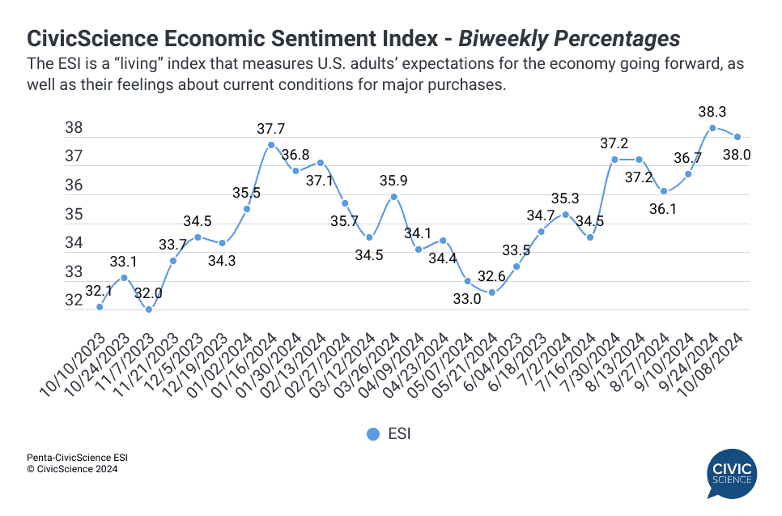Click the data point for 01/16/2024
[x=271, y=145]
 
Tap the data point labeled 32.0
[x=148, y=309]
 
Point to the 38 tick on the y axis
[x=74, y=127]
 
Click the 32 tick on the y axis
[x=74, y=301]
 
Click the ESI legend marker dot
[x=373, y=434]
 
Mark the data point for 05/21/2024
[x=491, y=292]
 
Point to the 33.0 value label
[x=466, y=299]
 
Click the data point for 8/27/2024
[x=664, y=191]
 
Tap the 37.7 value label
[x=271, y=128]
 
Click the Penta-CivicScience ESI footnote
[x=77, y=458]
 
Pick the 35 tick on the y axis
[x=74, y=214]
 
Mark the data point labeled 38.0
[x=737, y=137]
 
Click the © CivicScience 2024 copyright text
[x=72, y=469]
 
